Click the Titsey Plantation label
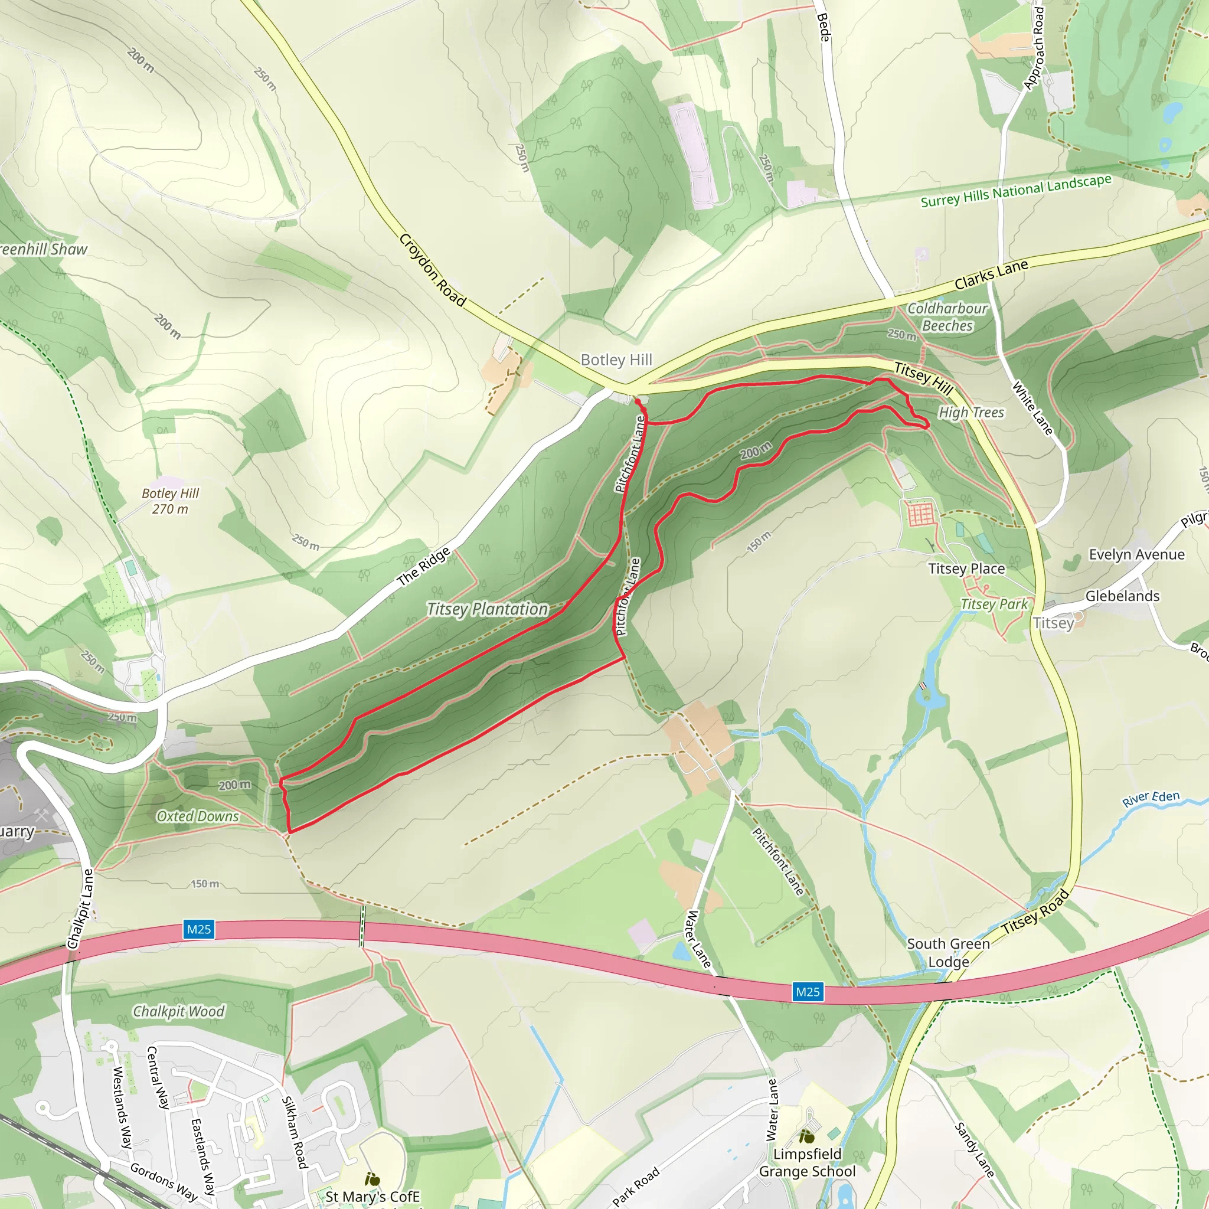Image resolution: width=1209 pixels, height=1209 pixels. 487,609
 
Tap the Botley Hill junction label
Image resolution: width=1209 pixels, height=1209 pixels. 616,360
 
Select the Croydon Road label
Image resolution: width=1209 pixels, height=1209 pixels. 432,270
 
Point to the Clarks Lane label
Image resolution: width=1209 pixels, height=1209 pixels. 991,275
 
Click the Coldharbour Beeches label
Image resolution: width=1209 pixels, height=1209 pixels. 947,316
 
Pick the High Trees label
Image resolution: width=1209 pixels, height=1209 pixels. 971,413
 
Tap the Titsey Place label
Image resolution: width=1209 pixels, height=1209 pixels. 966,569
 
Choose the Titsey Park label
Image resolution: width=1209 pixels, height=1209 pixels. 994,604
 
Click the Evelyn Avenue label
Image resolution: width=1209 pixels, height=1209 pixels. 1136,554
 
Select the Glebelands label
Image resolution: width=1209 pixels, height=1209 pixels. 1122,596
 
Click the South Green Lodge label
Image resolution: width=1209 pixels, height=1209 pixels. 948,952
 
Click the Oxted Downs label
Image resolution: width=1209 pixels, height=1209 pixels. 198,816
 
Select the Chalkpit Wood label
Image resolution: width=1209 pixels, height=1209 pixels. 178,1011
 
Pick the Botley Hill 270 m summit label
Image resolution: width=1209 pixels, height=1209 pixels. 170,501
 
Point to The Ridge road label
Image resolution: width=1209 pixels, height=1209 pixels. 424,566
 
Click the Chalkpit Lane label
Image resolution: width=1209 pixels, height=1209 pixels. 81,909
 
